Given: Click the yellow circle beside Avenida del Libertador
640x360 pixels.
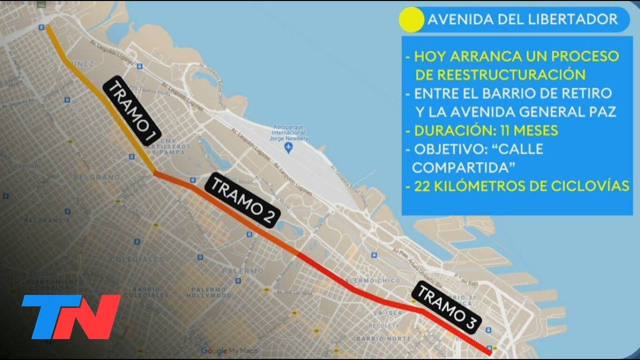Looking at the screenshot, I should pos(411,20).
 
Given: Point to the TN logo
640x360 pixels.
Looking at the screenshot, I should pos(71,316).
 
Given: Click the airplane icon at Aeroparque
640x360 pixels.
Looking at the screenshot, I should pos(287,147).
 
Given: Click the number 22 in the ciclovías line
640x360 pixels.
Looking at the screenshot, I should pos(422,186).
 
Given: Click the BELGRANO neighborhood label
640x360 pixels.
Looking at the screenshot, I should pos(96,177).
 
